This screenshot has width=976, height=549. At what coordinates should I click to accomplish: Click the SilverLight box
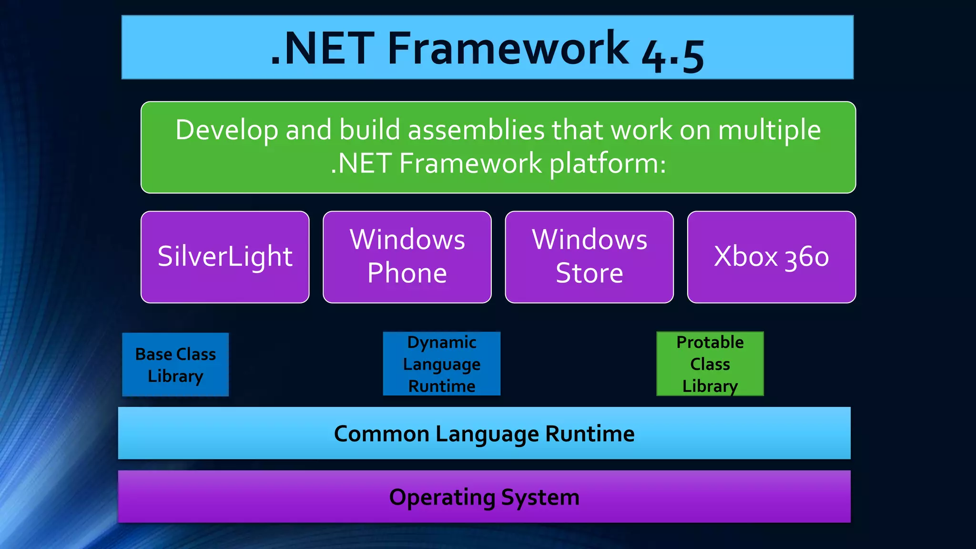tap(225, 257)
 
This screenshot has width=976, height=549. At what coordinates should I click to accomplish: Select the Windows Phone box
tap(407, 257)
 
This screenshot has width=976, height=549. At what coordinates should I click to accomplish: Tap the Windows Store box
tap(589, 257)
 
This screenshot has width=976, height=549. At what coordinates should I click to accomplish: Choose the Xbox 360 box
tap(771, 257)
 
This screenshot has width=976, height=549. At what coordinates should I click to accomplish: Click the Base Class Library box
tap(175, 365)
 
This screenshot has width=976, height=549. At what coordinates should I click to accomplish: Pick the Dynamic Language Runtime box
tap(441, 364)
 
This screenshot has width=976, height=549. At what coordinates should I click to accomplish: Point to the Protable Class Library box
tap(710, 364)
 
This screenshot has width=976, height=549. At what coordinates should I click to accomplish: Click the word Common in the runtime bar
tap(381, 434)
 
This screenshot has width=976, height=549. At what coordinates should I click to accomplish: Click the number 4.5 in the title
tap(672, 55)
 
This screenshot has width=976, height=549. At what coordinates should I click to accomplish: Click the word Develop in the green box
tap(226, 130)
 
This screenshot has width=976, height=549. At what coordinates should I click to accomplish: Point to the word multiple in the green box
tap(769, 130)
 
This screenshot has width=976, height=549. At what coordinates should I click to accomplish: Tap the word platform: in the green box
tap(608, 164)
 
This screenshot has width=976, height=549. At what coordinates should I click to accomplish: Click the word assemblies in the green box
tap(476, 130)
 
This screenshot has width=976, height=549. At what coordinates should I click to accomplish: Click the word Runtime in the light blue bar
tap(590, 434)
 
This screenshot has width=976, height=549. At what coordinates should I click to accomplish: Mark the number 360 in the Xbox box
tap(806, 257)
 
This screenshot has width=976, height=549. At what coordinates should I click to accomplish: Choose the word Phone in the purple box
tap(407, 273)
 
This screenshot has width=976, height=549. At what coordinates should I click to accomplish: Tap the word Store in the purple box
tap(589, 273)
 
